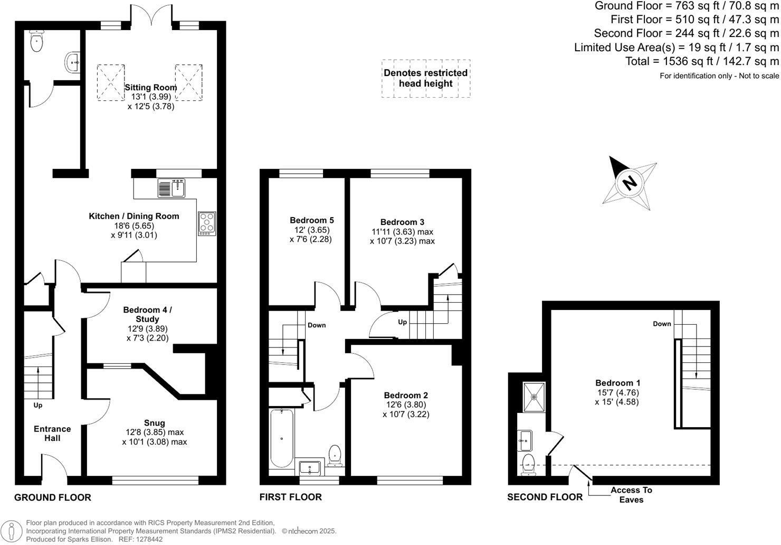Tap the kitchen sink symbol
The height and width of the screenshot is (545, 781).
tap(171, 187)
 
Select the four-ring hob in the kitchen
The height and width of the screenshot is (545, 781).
tap(207, 223)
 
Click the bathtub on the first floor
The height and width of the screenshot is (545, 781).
tap(282, 438)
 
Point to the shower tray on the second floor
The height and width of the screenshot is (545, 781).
tap(534, 397)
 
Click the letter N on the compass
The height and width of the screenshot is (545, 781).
tap(629, 183)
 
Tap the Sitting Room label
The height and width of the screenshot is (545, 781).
tap(151, 88)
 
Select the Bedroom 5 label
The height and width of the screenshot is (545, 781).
tap(311, 220)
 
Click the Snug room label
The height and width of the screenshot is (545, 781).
tap(154, 423)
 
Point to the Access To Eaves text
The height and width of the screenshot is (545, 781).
tap(631, 495)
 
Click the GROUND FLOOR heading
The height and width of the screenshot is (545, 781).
tap(52, 497)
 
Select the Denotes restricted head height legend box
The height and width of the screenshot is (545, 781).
tap(425, 78)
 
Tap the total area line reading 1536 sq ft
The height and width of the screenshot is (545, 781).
tap(702, 61)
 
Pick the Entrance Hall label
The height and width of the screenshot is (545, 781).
tap(52, 434)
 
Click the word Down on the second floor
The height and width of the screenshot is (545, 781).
tap(662, 324)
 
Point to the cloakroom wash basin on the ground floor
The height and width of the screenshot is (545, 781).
tap(72, 62)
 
